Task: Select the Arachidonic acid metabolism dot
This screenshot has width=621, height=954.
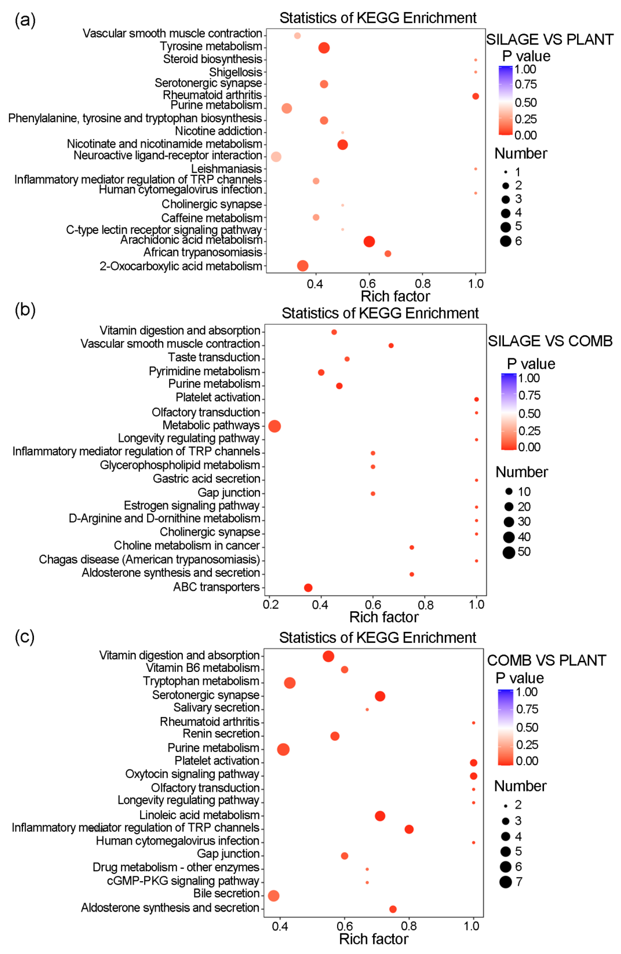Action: (x=369, y=241)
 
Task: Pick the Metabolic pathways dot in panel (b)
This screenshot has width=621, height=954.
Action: (x=274, y=426)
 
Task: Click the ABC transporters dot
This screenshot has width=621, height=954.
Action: (x=308, y=588)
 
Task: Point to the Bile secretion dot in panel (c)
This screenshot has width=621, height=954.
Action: (x=274, y=896)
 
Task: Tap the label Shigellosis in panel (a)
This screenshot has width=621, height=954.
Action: (x=236, y=72)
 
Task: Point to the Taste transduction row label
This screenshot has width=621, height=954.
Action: (x=214, y=357)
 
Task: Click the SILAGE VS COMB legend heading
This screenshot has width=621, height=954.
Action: (x=550, y=341)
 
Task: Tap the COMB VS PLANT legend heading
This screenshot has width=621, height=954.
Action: (x=546, y=660)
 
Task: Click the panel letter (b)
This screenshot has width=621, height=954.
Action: (x=25, y=310)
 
